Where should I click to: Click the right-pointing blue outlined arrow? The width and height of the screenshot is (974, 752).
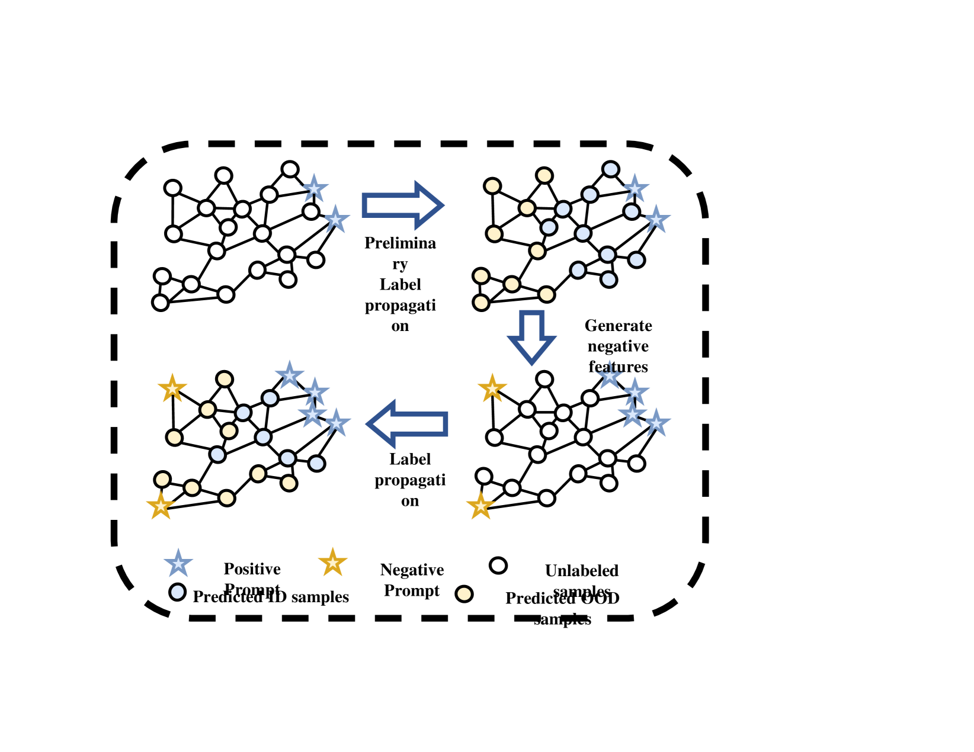coord(402,205)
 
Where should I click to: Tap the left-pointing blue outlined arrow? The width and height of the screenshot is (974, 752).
coord(408,423)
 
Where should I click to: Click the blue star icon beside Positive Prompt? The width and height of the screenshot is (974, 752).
coord(178,563)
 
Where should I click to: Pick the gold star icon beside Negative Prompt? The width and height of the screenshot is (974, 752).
coord(332,563)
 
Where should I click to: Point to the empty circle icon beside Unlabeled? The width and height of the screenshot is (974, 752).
coord(498,565)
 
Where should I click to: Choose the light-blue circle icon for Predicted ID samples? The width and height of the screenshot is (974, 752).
coord(177,592)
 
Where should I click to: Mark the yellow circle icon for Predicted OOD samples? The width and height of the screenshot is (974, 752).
coord(464,593)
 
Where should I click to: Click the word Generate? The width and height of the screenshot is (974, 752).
coord(618,326)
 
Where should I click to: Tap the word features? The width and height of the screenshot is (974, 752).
coord(618,367)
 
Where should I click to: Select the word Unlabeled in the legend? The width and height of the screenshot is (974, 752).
coord(581,571)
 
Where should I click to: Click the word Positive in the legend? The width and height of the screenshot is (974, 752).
coord(252,569)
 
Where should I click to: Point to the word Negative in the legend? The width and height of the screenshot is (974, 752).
coord(412,570)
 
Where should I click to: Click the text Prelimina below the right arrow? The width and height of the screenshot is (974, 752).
coord(400,243)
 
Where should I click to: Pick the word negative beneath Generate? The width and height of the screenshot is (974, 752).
coord(618,346)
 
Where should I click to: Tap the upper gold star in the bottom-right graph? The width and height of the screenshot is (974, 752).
coord(492,389)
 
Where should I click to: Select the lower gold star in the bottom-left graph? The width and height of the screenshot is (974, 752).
coord(161,506)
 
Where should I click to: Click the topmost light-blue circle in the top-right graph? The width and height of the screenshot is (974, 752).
coord(610,169)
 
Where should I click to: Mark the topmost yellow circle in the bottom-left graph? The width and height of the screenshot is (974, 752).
coord(224,379)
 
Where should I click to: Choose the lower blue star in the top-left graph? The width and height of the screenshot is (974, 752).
coord(336,220)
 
